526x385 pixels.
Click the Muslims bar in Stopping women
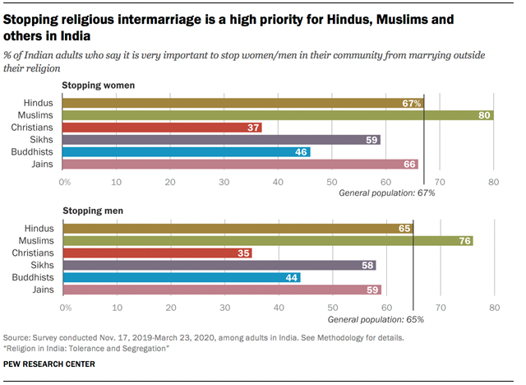[x=278, y=116]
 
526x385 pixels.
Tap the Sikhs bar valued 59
[x=221, y=140]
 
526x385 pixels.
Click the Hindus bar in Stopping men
[x=238, y=229]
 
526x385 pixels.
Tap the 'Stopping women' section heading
[x=99, y=86]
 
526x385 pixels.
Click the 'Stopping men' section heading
[x=93, y=211]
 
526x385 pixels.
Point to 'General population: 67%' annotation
[x=387, y=192]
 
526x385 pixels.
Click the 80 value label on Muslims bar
[x=485, y=116]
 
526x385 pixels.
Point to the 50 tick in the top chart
[x=332, y=181]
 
